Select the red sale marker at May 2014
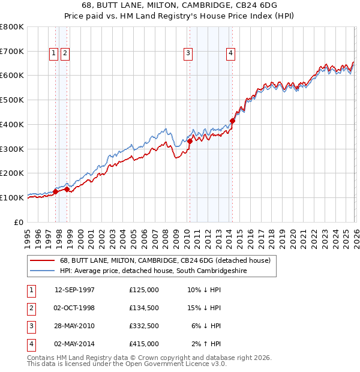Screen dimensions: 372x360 (232, 121)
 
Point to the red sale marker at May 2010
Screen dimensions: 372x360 (190, 141)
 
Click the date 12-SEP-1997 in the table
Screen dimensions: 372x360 (74, 290)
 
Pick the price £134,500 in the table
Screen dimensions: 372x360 (144, 308)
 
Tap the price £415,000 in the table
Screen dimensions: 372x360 (144, 344)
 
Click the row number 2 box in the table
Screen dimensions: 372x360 (30, 308)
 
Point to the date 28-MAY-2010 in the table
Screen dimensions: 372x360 (74, 326)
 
